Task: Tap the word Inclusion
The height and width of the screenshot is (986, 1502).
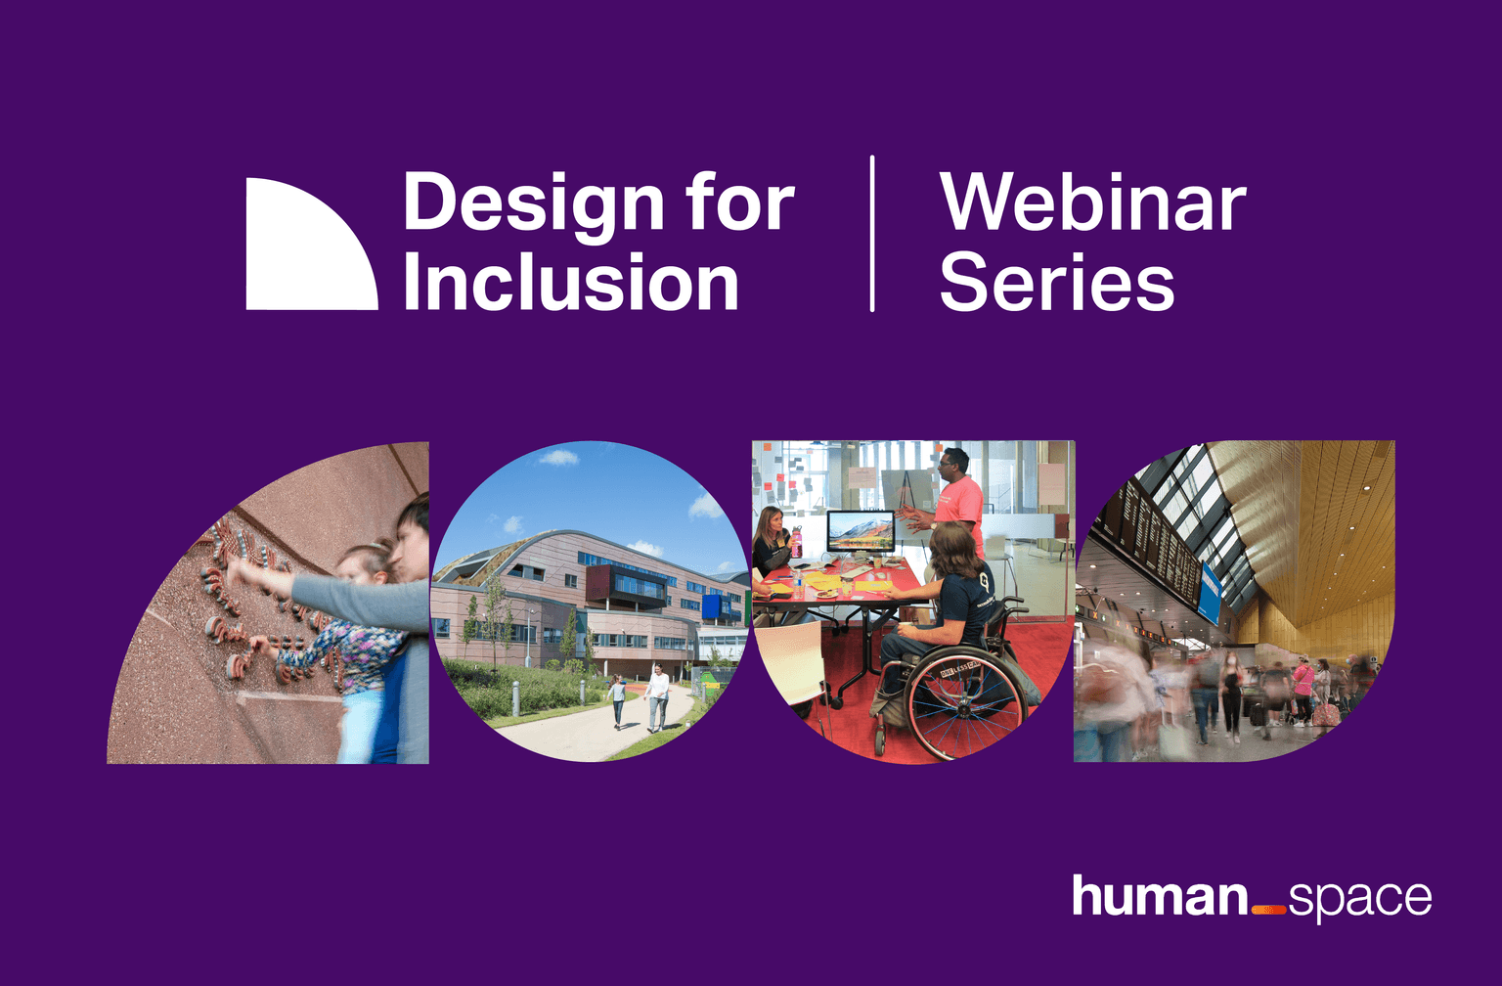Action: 571,282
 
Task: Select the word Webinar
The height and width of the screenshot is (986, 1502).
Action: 1093,202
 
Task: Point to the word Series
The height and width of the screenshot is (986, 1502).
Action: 1057,282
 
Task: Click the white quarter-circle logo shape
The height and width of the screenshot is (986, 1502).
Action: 302,255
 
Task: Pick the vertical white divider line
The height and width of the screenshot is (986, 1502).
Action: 871,234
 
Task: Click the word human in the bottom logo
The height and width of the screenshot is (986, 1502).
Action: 1160,896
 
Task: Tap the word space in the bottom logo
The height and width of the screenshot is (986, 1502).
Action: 1360,900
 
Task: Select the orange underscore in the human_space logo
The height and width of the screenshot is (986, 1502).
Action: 1268,911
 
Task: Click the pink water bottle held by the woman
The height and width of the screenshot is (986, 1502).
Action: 797,543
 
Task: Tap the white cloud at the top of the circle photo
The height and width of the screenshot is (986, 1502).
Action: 558,458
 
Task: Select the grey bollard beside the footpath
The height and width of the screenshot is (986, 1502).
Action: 515,697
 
